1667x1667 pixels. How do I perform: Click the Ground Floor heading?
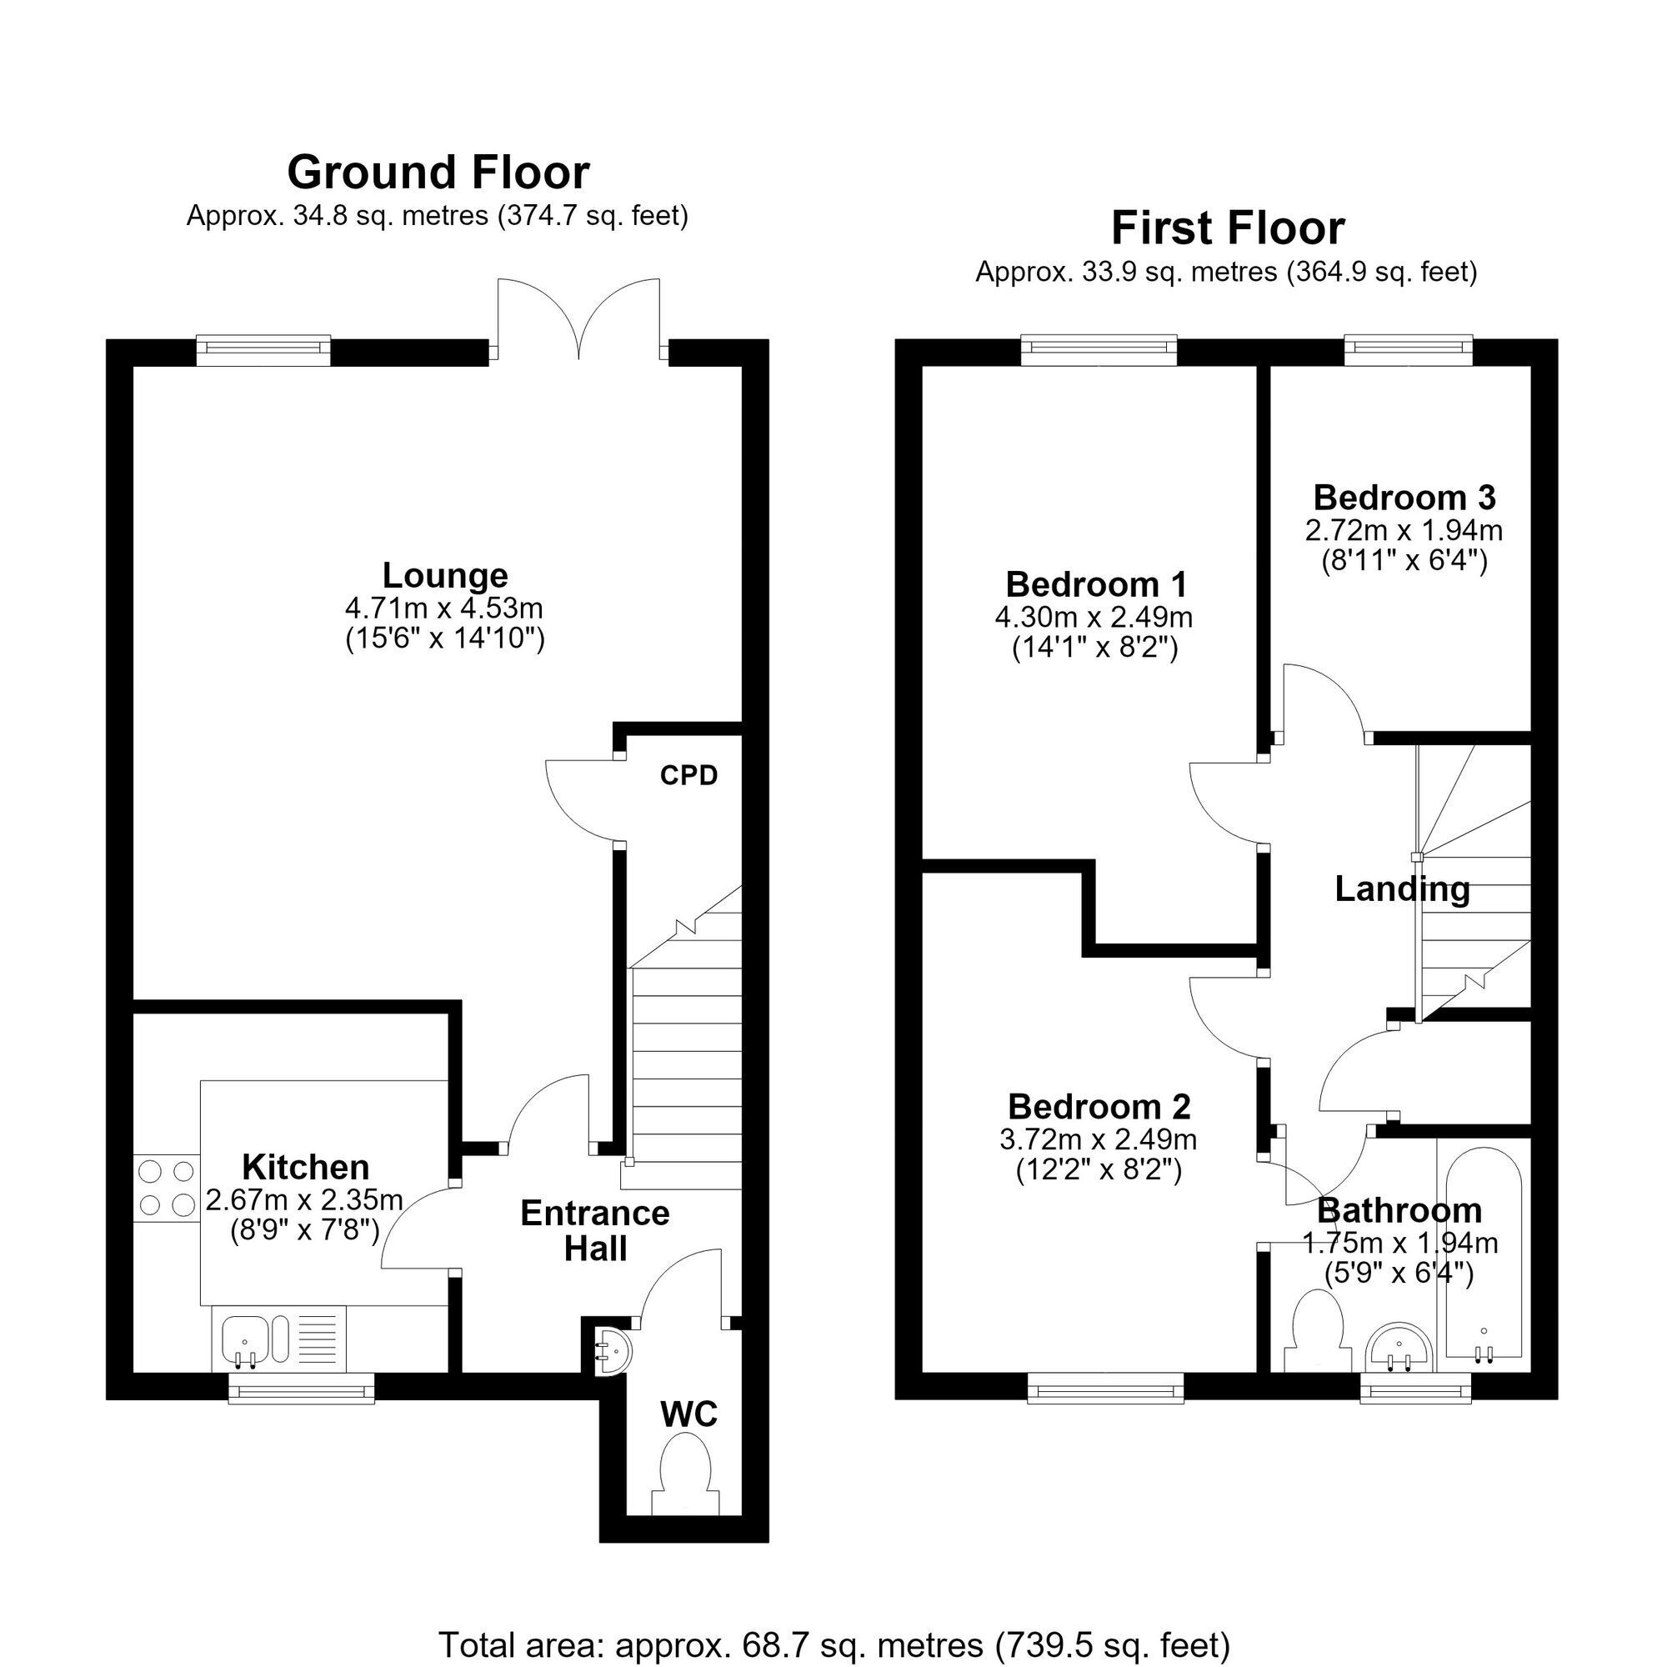coord(438,173)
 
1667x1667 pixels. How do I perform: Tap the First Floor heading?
coord(1228,228)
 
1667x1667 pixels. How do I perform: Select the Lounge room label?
coord(445,574)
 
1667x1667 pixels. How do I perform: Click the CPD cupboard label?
coord(688,776)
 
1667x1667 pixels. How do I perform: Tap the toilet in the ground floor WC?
coord(686,1474)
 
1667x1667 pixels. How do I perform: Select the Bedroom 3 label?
coord(1404,498)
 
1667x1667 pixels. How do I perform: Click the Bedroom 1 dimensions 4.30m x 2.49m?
coord(1094,617)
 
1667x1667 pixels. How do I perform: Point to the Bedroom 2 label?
coord(1099,1106)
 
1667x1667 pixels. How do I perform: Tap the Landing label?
coord(1402,889)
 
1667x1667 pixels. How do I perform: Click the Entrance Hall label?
coord(595,1231)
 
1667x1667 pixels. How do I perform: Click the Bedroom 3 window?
coord(1409,347)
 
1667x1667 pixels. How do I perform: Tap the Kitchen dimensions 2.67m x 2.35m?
coord(304,1200)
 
